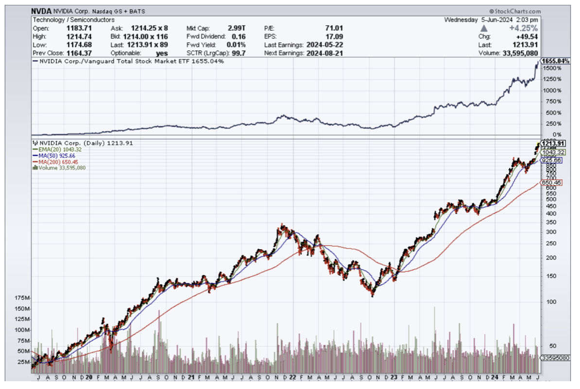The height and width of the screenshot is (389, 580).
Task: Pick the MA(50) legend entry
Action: coord(54,155)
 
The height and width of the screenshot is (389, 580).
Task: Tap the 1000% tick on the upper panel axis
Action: coord(552,90)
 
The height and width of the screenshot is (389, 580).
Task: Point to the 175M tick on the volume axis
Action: coord(22,297)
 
